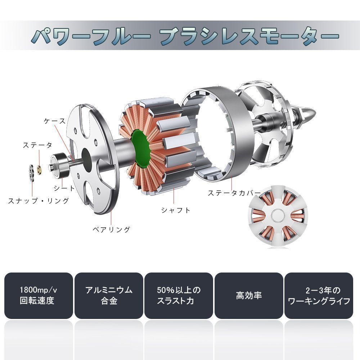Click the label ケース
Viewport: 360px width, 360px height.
pos(55,121)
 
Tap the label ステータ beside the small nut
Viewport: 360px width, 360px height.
pos(37,145)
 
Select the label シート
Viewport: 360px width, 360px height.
pos(64,188)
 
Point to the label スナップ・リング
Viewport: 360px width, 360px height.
pos(39,201)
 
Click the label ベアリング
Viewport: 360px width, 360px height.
pos(111,229)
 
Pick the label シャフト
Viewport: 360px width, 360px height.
pos(176,210)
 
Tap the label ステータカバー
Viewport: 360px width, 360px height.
pos(234,193)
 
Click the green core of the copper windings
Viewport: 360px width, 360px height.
pos(140,149)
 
